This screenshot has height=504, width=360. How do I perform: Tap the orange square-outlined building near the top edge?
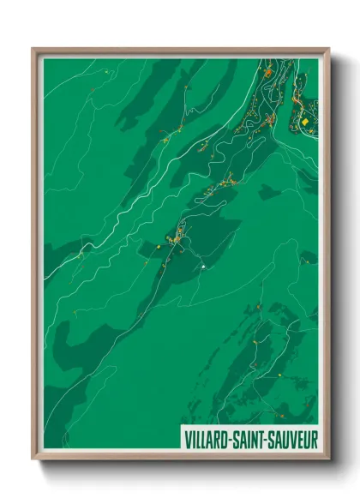tap(267, 74)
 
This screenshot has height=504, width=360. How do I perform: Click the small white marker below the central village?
tap(203, 267)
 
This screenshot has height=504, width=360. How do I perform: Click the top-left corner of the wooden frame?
tap(33, 49)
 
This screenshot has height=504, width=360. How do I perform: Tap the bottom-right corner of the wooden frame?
tap(328, 459)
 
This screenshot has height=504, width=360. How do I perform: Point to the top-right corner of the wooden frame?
tap(328, 49)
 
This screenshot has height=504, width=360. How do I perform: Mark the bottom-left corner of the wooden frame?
tap(33, 459)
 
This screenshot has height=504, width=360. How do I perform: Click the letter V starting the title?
tap(187, 439)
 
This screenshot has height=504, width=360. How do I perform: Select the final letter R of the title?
tap(314, 439)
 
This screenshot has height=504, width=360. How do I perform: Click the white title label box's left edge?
tap(182, 439)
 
